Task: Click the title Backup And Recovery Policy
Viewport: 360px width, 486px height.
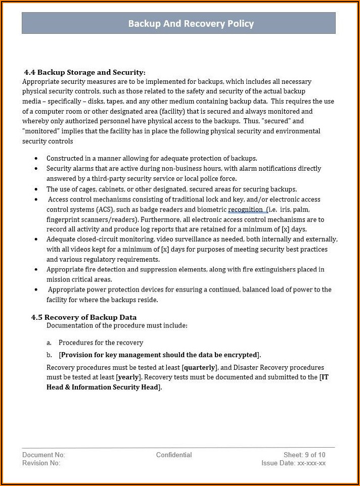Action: [x=191, y=24]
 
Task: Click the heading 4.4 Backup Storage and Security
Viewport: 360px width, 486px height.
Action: [x=85, y=72]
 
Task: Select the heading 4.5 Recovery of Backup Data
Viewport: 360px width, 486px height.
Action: [x=84, y=317]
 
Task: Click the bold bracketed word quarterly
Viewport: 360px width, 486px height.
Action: [x=200, y=367]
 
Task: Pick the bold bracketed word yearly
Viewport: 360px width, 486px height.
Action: [x=129, y=377]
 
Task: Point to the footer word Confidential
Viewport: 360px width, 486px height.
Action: [x=174, y=455]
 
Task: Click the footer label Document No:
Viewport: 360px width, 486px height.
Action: [x=43, y=455]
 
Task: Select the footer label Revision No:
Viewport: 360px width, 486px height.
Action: [x=41, y=463]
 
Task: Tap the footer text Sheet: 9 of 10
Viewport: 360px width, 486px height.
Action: [x=304, y=455]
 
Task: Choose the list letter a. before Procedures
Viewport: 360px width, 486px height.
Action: [x=49, y=343]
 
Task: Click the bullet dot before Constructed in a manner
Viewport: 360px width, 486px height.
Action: [x=36, y=159]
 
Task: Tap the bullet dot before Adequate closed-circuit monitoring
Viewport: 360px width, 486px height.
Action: [x=36, y=239]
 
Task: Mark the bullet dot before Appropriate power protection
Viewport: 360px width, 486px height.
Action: [x=36, y=290]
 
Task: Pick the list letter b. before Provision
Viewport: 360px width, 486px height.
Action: [x=49, y=355]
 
